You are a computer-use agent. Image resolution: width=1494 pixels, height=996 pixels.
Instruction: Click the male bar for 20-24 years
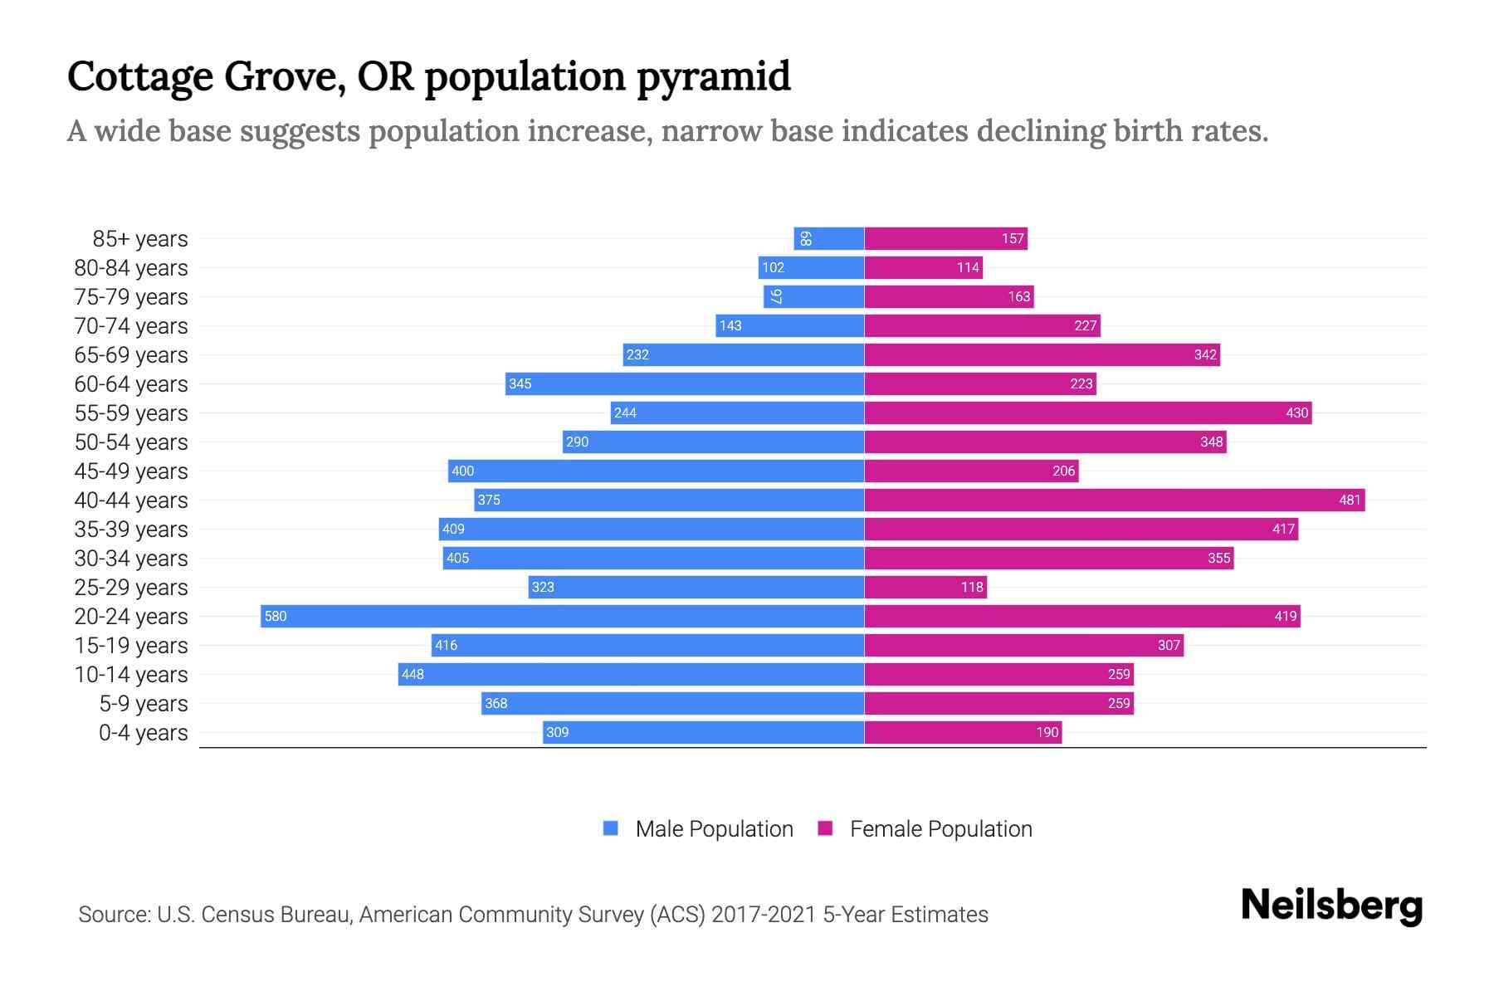click(x=562, y=616)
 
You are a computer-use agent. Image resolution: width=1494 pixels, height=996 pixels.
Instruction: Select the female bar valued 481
click(x=1114, y=500)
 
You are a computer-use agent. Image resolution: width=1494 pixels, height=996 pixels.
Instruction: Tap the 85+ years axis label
click(x=139, y=239)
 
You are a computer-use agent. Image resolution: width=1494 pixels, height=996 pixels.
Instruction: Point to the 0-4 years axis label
click(x=143, y=733)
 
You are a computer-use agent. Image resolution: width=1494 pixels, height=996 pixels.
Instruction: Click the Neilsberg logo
click(x=1331, y=906)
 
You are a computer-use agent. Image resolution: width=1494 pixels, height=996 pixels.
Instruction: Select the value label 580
click(x=276, y=617)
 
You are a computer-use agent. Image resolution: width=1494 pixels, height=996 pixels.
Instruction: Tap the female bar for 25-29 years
click(x=925, y=587)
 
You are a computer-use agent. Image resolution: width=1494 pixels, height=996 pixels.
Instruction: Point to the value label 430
click(x=1296, y=413)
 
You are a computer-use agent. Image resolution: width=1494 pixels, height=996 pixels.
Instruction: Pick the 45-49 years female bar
click(x=971, y=471)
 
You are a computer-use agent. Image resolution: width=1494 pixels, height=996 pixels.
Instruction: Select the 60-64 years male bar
click(x=685, y=383)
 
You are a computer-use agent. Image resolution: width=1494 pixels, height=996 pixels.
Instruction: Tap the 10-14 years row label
click(x=131, y=675)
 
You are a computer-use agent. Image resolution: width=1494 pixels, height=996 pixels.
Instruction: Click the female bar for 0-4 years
click(x=963, y=732)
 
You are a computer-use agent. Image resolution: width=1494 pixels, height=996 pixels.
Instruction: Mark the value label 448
click(x=413, y=675)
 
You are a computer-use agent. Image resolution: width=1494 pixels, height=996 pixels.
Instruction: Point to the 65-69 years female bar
click(x=1042, y=354)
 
